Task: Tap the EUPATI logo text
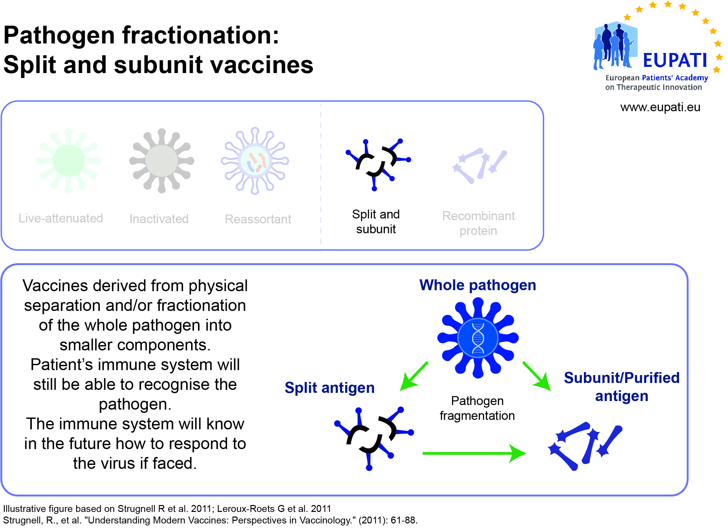click(675, 60)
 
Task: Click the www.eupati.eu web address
click(660, 107)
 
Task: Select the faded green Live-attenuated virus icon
click(69, 161)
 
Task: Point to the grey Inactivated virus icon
click(162, 161)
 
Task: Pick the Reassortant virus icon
click(255, 161)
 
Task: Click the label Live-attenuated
click(61, 218)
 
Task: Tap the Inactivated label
click(159, 219)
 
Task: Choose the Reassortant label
click(258, 219)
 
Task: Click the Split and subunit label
click(376, 221)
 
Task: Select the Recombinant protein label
click(478, 223)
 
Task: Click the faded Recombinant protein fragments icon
click(480, 166)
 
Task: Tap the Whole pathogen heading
click(478, 285)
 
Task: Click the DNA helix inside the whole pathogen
click(478, 338)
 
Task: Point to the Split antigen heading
click(330, 388)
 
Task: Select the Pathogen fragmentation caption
click(477, 408)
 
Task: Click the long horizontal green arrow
click(474, 453)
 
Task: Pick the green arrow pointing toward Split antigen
click(414, 376)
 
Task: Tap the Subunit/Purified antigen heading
click(622, 387)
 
